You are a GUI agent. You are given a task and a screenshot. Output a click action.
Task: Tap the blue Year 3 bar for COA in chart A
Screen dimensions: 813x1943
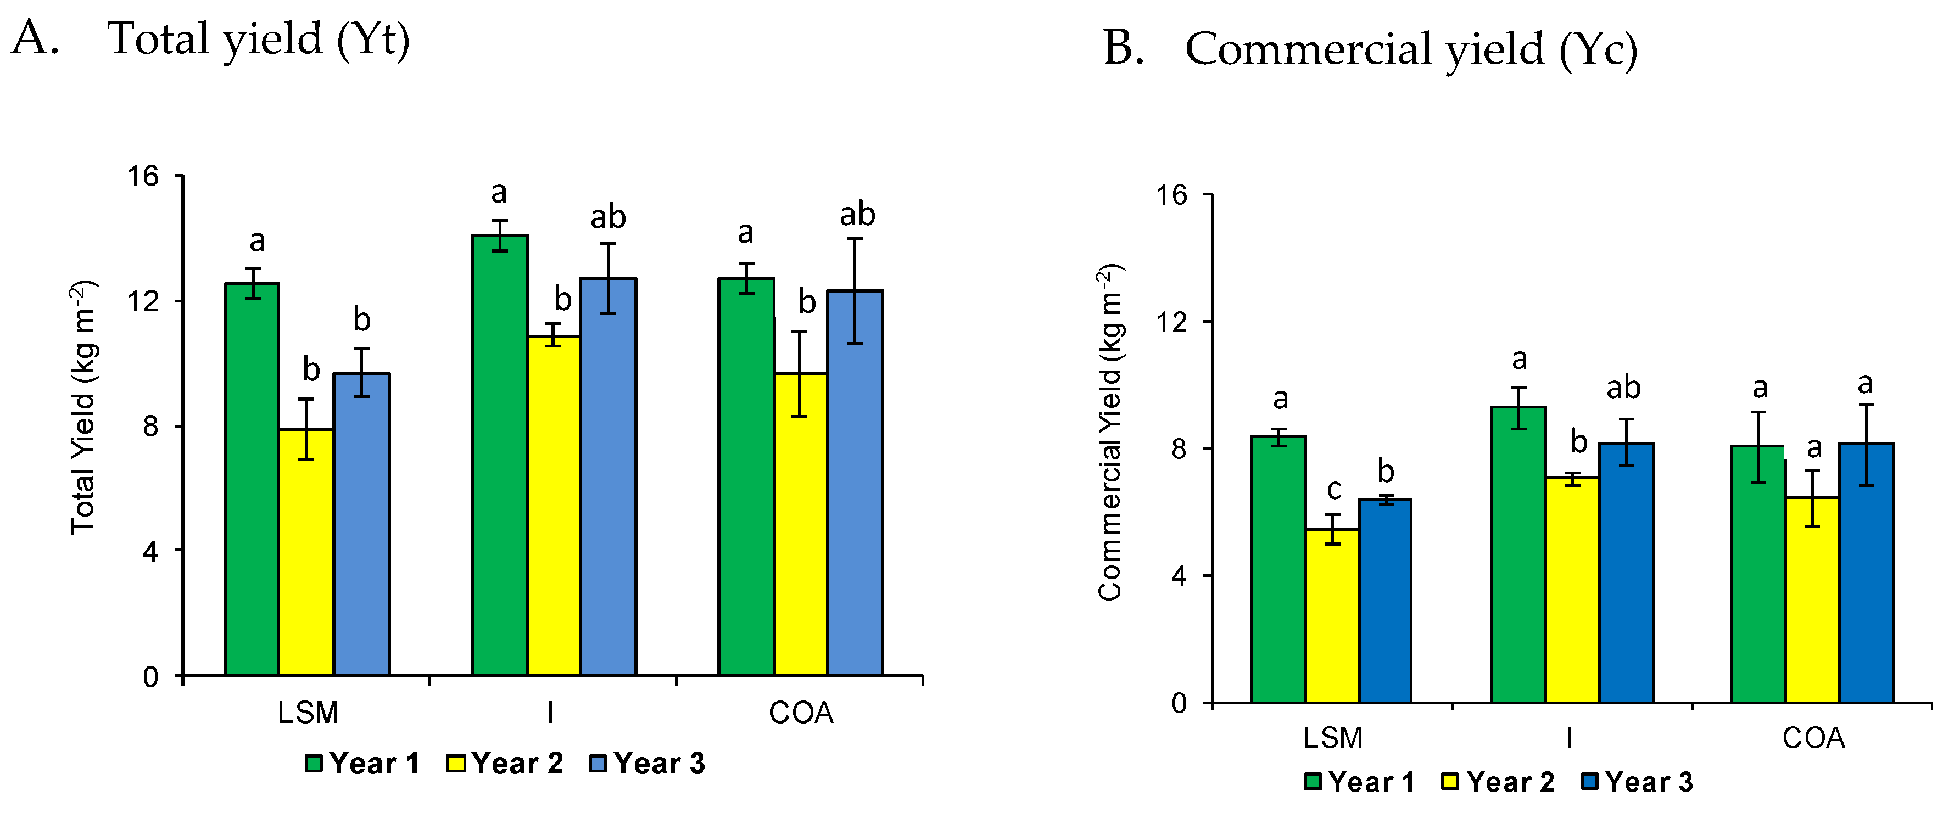(x=855, y=483)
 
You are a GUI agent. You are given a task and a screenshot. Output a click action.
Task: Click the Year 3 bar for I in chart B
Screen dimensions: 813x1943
(x=1626, y=573)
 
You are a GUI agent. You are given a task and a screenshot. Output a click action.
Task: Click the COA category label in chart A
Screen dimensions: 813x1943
(x=801, y=713)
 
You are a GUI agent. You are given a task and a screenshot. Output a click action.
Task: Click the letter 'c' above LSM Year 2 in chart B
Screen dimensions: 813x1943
(x=1333, y=489)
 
